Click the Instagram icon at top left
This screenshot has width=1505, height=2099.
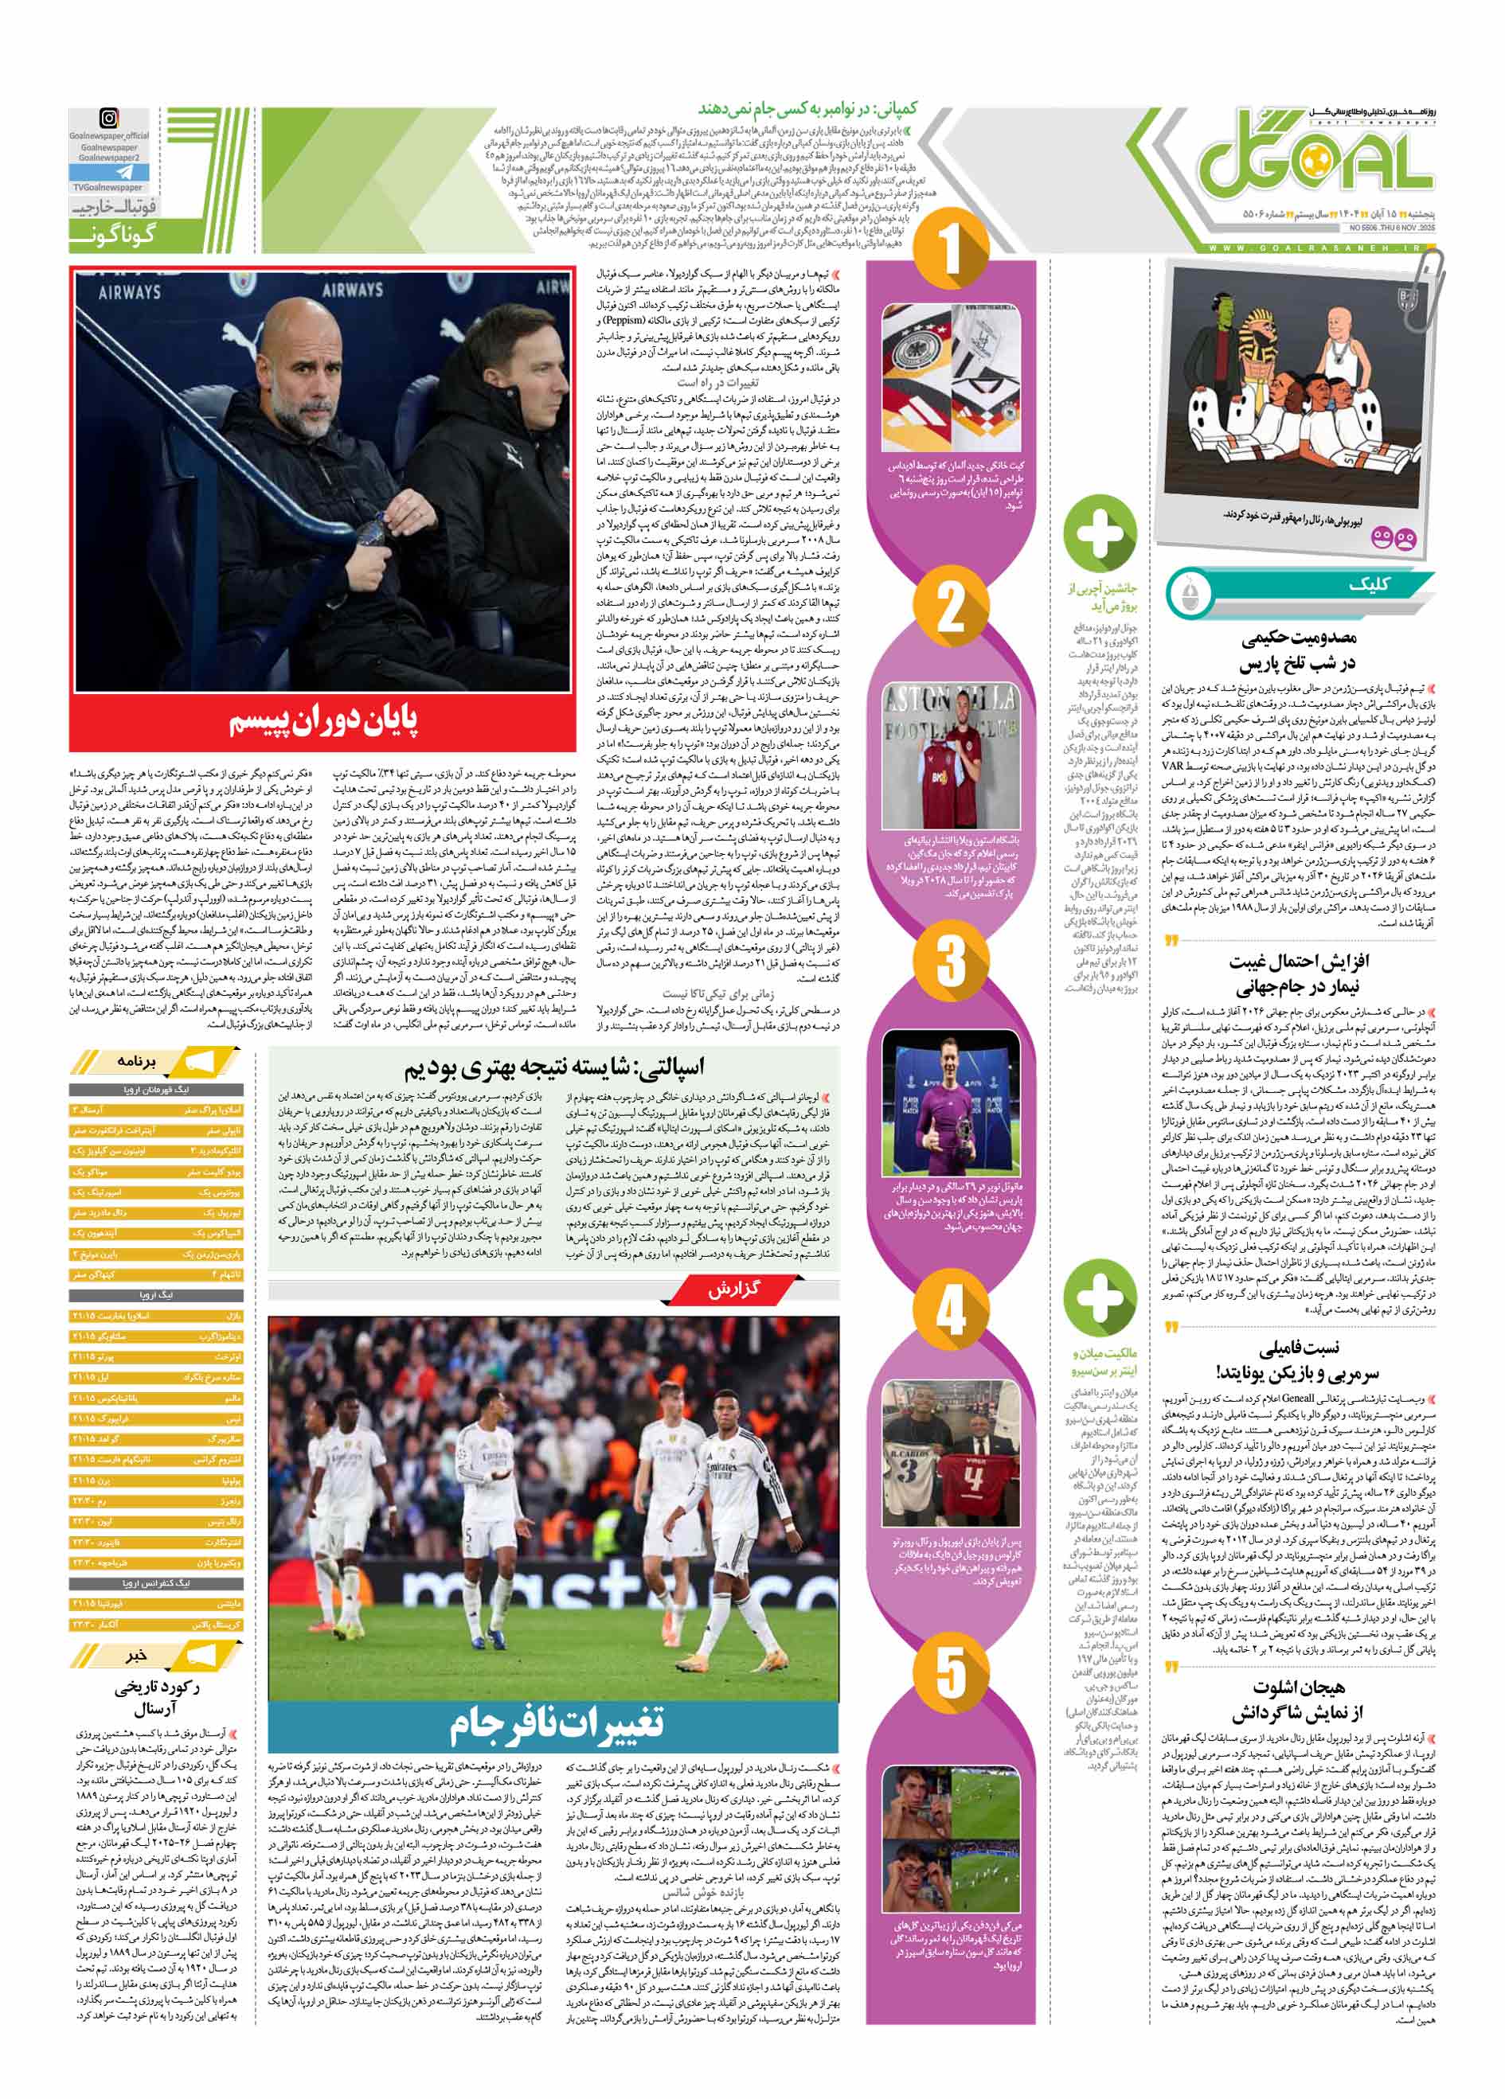(110, 119)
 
